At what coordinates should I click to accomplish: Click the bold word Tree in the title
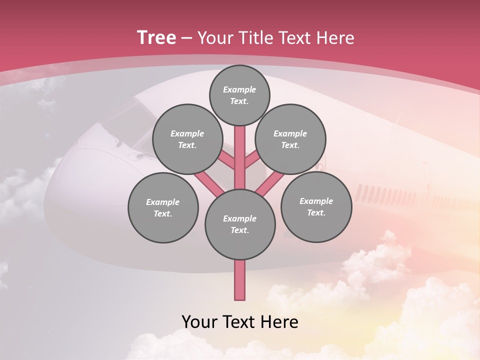tap(156, 38)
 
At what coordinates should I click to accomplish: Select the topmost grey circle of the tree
tap(239, 95)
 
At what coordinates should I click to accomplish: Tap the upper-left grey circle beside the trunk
tap(187, 139)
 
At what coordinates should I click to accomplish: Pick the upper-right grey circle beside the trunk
tap(290, 139)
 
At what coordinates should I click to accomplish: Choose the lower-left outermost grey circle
tap(163, 207)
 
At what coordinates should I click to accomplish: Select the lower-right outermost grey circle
tap(316, 206)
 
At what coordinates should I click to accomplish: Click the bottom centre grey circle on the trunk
tap(240, 224)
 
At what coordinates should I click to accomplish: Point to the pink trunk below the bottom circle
tap(240, 280)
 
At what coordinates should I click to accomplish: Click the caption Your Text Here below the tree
tap(240, 322)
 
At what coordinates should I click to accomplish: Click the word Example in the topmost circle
tap(239, 89)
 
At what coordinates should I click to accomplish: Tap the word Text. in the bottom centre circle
tap(239, 230)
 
